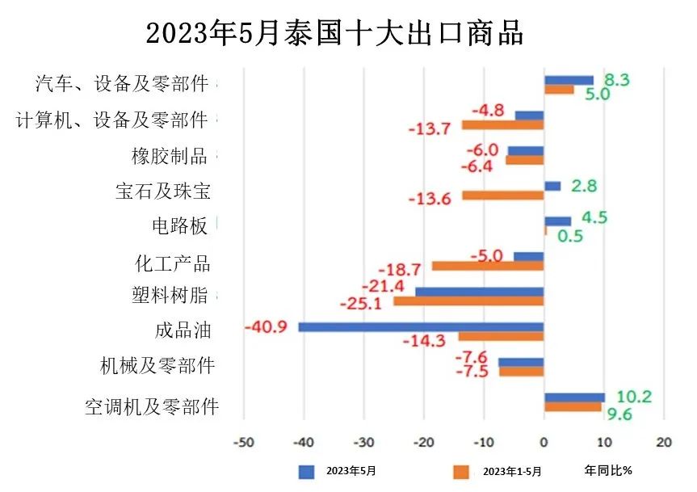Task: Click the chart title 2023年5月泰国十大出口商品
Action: (x=334, y=34)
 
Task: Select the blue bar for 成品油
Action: (x=421, y=327)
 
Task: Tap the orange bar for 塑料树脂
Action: (x=468, y=301)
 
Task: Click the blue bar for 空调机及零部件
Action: (x=574, y=397)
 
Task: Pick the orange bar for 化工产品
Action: (x=488, y=266)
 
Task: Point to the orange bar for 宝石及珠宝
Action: (x=502, y=196)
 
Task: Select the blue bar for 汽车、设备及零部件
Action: (x=569, y=80)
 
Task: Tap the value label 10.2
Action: (x=634, y=397)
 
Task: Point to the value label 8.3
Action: (x=617, y=79)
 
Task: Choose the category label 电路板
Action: (x=180, y=226)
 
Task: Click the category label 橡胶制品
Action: (x=170, y=155)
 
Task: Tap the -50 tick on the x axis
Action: (x=243, y=442)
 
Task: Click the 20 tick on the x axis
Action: (x=664, y=442)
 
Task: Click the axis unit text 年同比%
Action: (x=608, y=470)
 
